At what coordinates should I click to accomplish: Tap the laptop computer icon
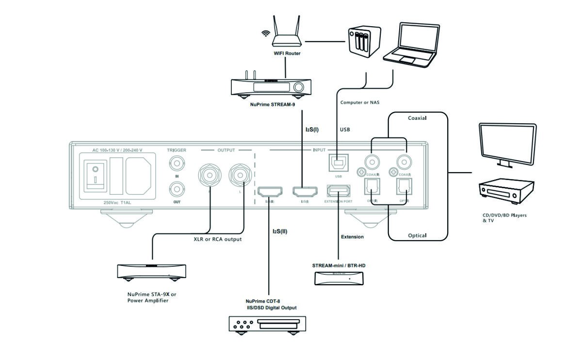coord(411,44)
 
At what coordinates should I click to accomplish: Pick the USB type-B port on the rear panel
coord(338,163)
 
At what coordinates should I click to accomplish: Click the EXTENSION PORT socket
coord(338,191)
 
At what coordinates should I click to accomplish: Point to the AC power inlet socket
coord(138,176)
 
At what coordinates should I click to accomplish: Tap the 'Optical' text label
coord(417,236)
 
